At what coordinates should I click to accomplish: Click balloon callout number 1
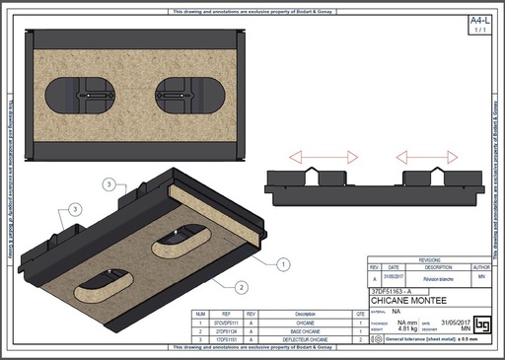[283, 263]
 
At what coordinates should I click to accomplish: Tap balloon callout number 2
[241, 288]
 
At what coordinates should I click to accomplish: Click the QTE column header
[360, 315]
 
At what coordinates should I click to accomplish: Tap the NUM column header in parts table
[199, 315]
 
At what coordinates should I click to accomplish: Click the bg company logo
[482, 324]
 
